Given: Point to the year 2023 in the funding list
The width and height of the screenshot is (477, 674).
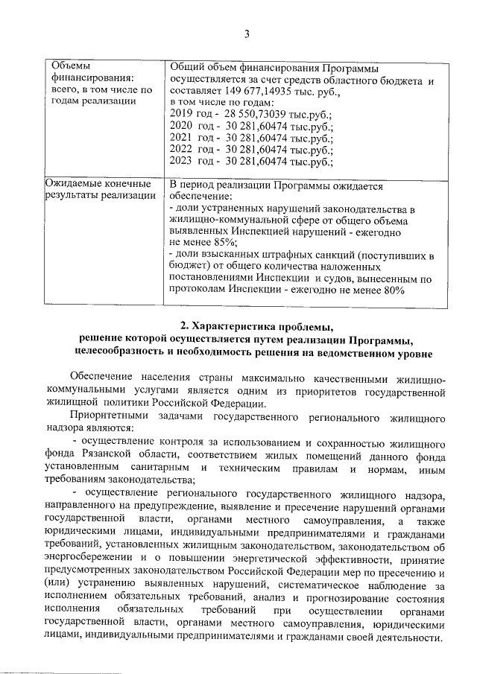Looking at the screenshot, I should (x=182, y=160).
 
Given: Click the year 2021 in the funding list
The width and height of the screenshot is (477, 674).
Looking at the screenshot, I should (x=182, y=136).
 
